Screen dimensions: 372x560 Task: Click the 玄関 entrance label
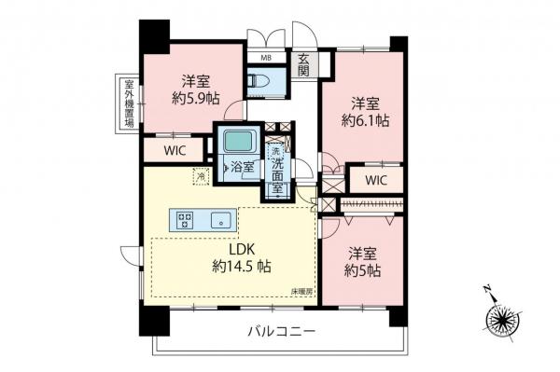(x=304, y=64)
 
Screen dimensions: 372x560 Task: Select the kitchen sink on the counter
(x=220, y=220)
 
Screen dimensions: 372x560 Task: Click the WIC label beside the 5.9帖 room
(x=175, y=149)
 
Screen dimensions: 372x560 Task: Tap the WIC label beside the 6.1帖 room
(x=376, y=179)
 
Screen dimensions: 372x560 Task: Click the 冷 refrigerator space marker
(x=200, y=174)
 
